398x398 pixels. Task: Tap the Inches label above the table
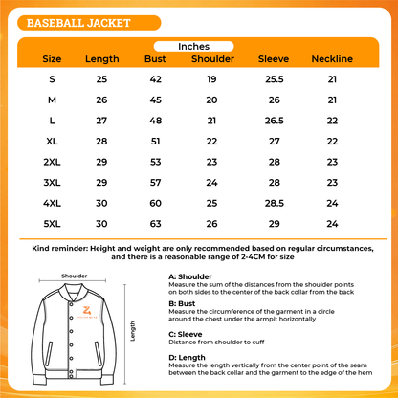[198, 45]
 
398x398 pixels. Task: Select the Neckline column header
[332, 59]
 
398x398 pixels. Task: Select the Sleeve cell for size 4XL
[274, 203]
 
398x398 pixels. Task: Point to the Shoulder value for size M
[212, 99]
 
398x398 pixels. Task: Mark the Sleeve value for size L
[274, 120]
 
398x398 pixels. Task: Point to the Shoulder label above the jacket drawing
[75, 275]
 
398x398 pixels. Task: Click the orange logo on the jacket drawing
[88, 312]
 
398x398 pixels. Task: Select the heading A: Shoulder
[191, 275]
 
